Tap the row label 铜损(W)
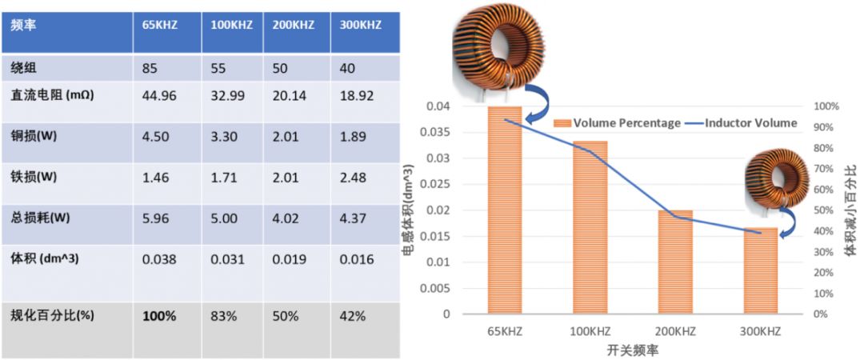(35, 136)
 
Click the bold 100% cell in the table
(159, 316)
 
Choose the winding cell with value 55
(218, 68)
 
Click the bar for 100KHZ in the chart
(590, 227)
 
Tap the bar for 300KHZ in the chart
(760, 270)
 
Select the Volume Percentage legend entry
(617, 123)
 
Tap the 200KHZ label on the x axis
(675, 329)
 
